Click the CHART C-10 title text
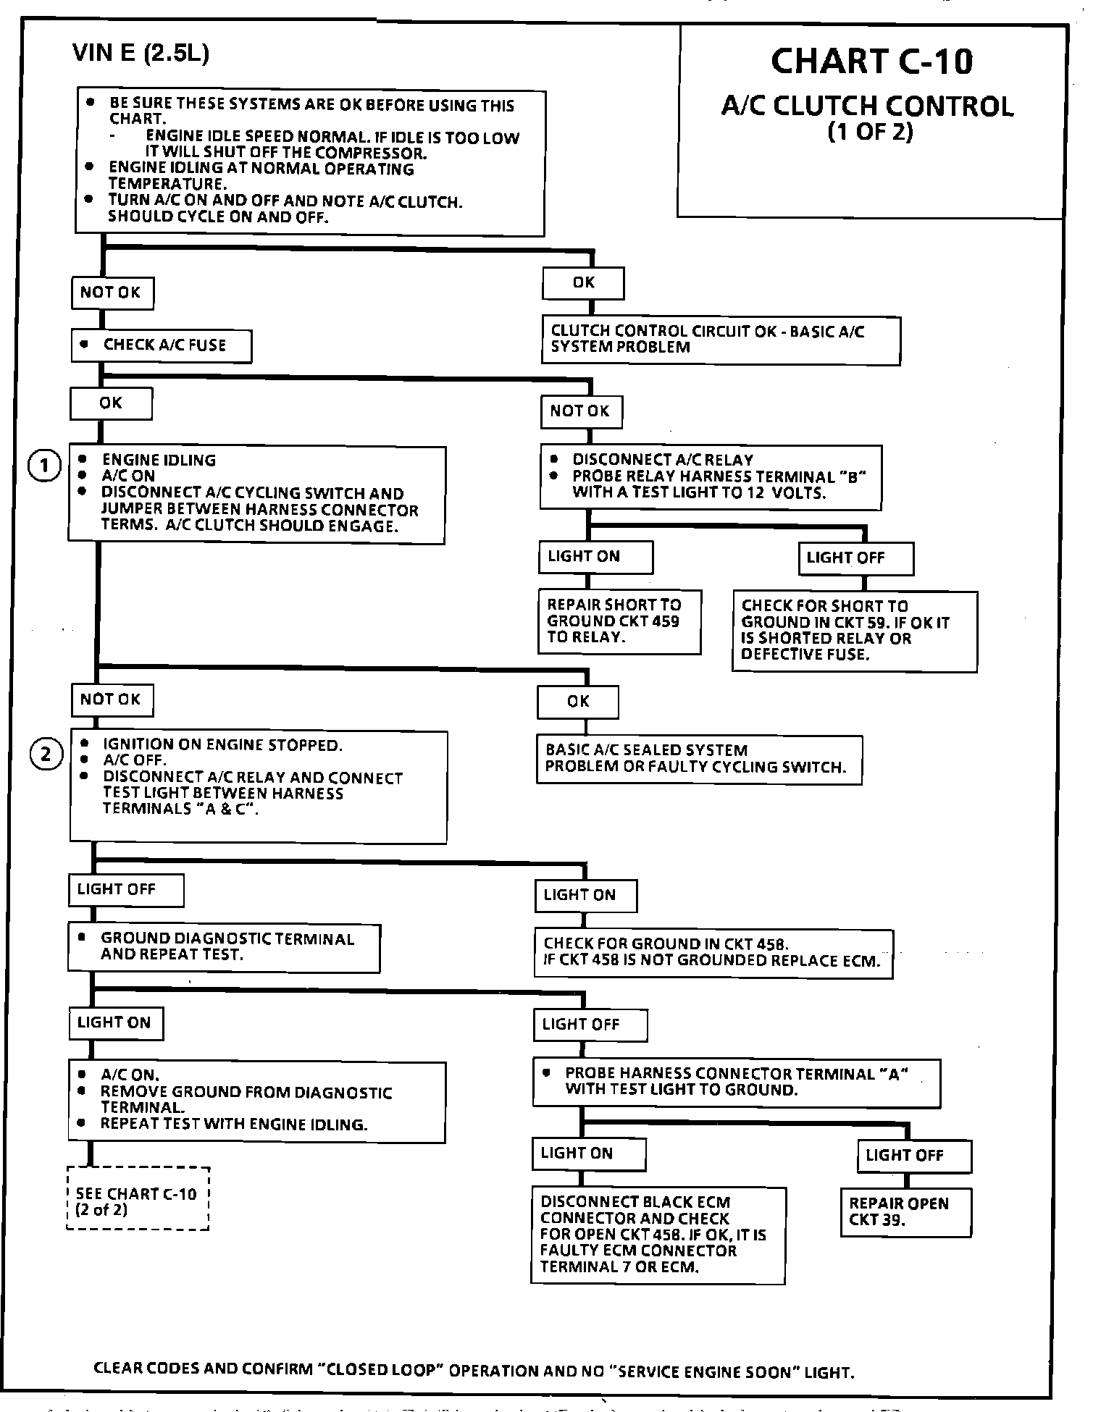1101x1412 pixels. tap(871, 62)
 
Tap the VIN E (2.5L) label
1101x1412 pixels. tap(141, 54)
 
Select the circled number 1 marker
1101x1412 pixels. tap(44, 466)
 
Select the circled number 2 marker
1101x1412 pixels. tap(46, 755)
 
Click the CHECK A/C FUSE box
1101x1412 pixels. tap(162, 345)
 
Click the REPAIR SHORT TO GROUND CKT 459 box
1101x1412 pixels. tap(619, 621)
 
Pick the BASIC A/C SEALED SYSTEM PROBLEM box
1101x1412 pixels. tap(698, 759)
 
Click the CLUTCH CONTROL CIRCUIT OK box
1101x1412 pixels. tap(721, 340)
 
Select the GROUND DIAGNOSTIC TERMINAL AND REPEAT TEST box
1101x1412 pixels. tap(224, 947)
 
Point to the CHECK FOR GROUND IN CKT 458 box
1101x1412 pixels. tap(713, 953)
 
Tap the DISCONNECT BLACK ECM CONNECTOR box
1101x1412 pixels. tap(658, 1234)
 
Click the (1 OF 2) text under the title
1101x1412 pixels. tap(870, 133)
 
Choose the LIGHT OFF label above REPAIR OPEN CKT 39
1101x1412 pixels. tap(913, 1156)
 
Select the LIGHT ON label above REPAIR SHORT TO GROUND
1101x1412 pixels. tap(595, 557)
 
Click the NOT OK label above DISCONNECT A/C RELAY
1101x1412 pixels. tap(581, 412)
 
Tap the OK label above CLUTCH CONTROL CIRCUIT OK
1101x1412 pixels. tap(583, 283)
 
